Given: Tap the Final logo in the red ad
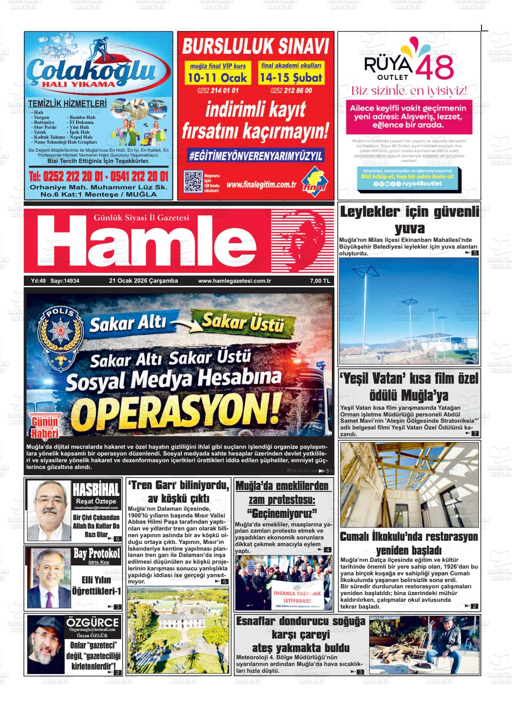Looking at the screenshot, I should coord(314,181).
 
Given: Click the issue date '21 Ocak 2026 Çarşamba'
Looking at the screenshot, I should coord(143,281).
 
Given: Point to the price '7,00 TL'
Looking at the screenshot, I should coord(320,281).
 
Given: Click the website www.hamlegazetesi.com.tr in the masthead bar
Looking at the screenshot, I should coord(234,281).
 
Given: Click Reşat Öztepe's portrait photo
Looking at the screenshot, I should coord(49,510).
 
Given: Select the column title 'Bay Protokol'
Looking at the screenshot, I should coord(97,553).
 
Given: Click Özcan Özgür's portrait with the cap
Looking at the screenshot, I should coord(45,642).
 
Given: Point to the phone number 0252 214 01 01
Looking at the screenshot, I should coord(217,91).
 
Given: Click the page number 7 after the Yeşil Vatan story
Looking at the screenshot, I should coord(474,434).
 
